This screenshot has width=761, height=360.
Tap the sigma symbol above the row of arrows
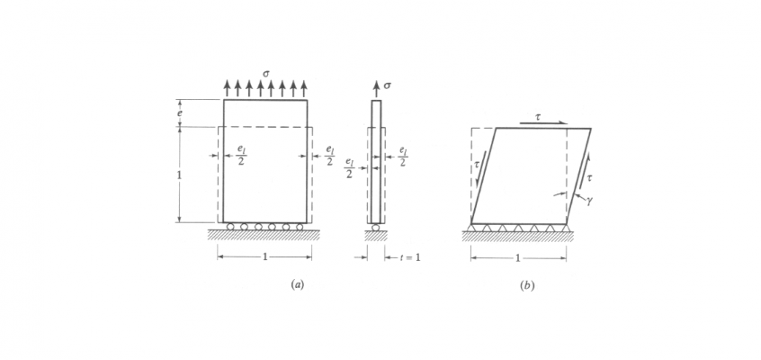(x=266, y=74)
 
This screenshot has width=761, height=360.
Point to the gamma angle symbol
(x=589, y=201)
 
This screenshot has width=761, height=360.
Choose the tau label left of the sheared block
(x=476, y=164)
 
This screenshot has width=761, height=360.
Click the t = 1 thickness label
(x=410, y=258)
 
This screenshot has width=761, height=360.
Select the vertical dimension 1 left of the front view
(x=179, y=175)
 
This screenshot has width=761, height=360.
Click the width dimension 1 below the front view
(x=264, y=257)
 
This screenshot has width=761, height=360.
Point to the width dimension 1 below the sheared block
(x=518, y=258)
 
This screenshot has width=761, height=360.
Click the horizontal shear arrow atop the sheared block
(x=542, y=123)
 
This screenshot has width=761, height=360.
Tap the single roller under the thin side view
(x=376, y=227)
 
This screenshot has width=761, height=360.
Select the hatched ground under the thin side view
(x=376, y=236)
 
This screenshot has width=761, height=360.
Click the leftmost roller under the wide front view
(x=231, y=227)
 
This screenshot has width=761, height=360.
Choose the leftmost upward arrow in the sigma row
(x=227, y=87)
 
